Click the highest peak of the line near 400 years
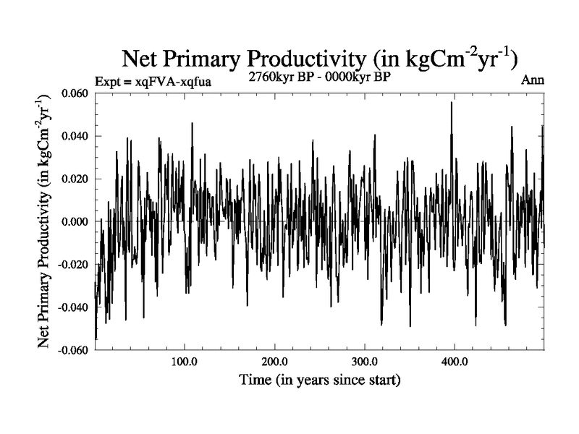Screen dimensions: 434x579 pyautogui.click(x=452, y=103)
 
